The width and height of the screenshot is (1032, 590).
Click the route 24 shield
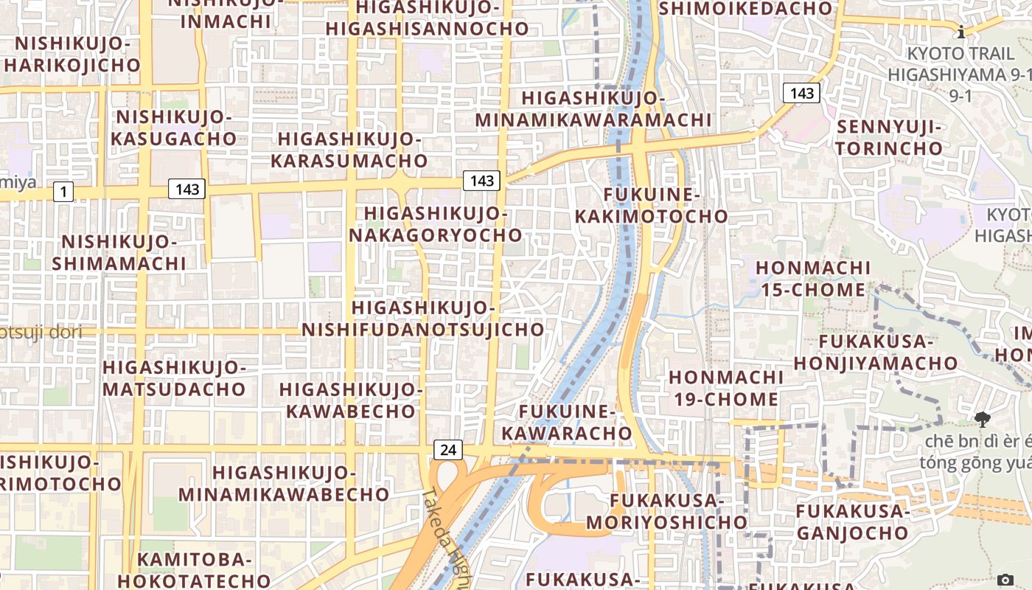[x=448, y=449]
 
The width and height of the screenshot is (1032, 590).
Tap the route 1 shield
[x=63, y=192]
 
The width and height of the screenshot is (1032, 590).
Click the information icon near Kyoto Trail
[x=961, y=32]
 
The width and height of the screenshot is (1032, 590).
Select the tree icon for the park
[x=982, y=420]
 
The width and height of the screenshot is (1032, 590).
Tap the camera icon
[x=1005, y=580]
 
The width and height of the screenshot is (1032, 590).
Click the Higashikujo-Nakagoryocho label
[x=436, y=224]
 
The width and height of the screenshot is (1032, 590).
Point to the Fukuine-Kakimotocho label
[x=651, y=205]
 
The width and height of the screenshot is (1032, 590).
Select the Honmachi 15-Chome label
[x=813, y=278]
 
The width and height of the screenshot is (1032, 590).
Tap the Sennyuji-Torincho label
[x=889, y=137]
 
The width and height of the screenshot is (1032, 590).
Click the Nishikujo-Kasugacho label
[x=174, y=128]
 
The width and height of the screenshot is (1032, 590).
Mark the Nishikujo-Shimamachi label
[x=119, y=252]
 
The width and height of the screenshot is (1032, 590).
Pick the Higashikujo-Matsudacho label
[x=174, y=378]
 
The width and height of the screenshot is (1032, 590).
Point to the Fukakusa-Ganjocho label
[x=852, y=521]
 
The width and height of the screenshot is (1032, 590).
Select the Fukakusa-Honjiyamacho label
[x=876, y=352]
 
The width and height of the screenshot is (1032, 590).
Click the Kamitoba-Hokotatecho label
[x=195, y=569]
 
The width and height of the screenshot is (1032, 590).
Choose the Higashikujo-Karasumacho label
[x=349, y=150]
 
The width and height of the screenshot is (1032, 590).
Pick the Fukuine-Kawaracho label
[x=567, y=422]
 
